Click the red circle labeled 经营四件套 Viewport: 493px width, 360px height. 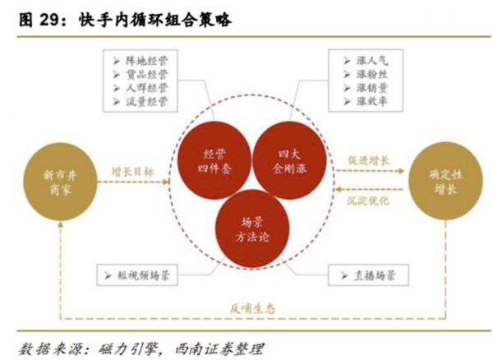pos(214,160)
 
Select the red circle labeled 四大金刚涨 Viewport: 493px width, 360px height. pos(289,160)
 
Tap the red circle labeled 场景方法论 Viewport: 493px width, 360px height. pos(252,228)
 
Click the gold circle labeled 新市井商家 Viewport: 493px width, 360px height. pos(60,182)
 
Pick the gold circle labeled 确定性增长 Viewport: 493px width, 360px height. pos(445,181)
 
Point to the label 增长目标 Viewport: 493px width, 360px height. pos(132,172)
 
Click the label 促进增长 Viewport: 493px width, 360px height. pos(368,160)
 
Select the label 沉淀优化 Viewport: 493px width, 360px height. pos(368,201)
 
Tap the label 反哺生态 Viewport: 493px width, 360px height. pos(252,309)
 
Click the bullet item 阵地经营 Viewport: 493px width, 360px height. pos(141,61)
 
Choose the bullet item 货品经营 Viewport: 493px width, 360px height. pos(141,75)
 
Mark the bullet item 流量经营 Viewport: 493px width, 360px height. pos(141,102)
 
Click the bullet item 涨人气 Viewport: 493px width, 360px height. pos(366,60)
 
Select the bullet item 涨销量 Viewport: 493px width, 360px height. pos(366,88)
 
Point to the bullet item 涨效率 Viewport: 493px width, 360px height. pos(366,101)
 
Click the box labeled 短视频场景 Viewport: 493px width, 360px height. pos(137,275)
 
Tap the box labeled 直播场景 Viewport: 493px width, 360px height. pos(368,275)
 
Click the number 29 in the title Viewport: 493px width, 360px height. pos(50,21)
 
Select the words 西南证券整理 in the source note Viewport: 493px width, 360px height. pos(219,349)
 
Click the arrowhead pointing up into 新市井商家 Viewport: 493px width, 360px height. pos(60,224)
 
